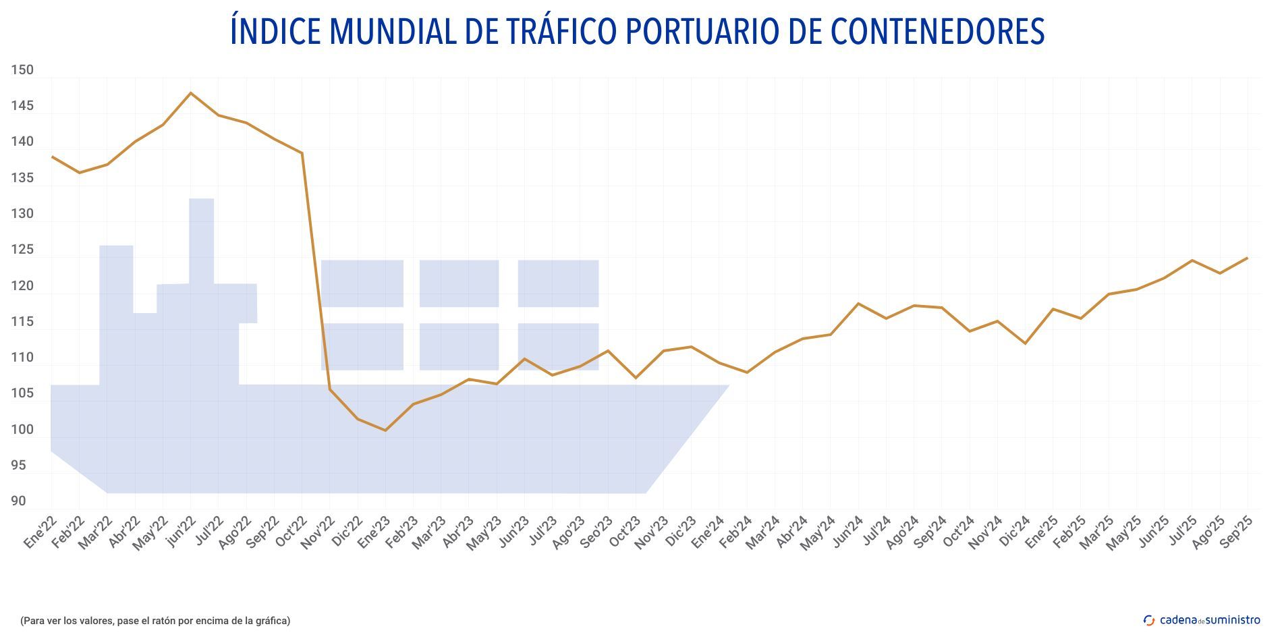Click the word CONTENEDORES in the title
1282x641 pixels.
coord(937,31)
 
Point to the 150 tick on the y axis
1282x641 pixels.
coord(22,70)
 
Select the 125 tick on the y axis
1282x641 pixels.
coord(22,250)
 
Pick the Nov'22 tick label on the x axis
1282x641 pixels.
coord(318,533)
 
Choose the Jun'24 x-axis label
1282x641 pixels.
coord(847,533)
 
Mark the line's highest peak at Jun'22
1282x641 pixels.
coord(191,93)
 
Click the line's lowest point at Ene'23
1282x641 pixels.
coord(385,430)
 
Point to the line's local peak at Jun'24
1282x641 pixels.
coord(858,304)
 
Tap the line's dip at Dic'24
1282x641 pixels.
coord(1026,343)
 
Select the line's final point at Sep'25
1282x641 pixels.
coord(1247,258)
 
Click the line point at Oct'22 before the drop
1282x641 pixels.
coord(302,153)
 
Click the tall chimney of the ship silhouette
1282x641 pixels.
coord(201,240)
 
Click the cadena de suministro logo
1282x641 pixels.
coord(1202,620)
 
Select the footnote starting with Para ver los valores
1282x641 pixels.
coord(155,621)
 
